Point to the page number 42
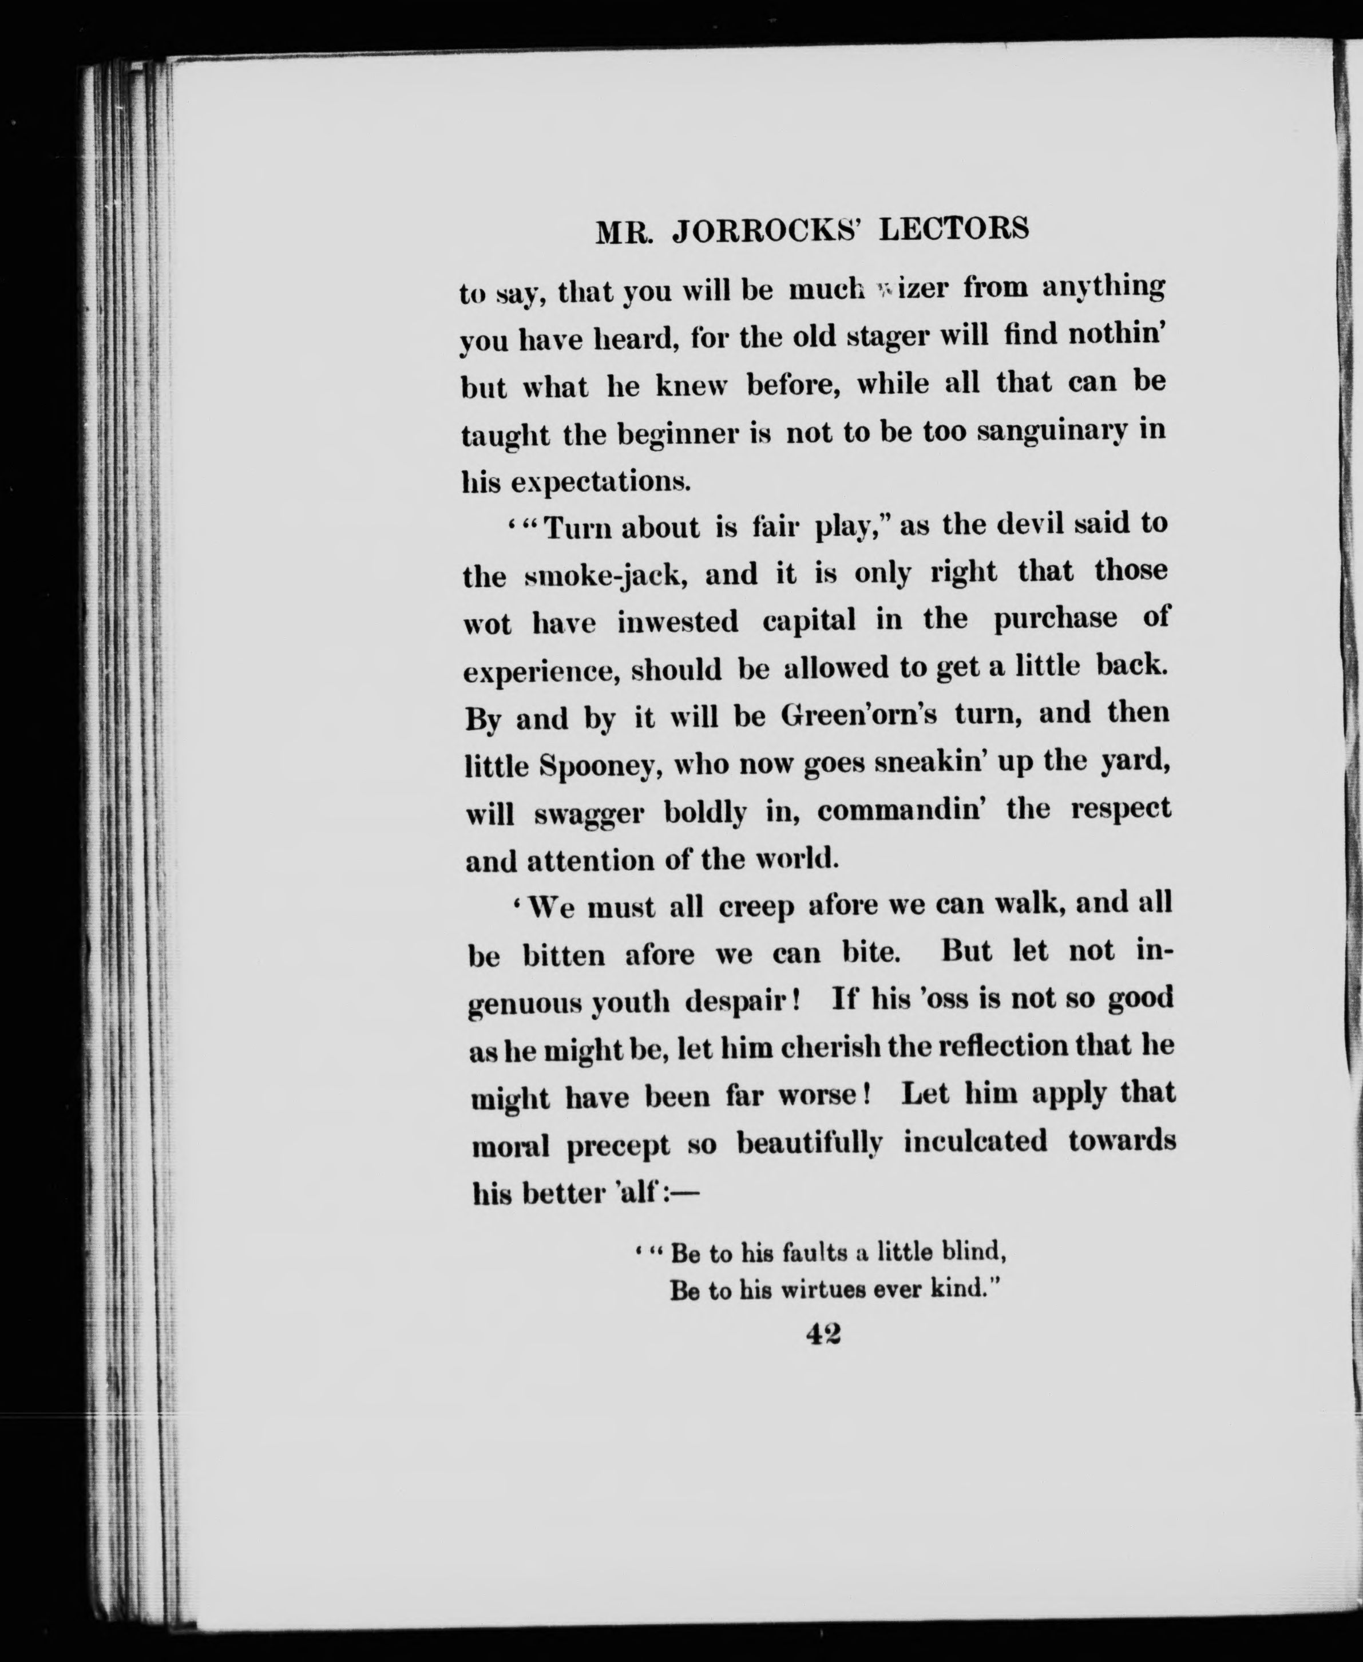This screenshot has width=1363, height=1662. click(x=823, y=1335)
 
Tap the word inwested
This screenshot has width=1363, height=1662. click(x=677, y=623)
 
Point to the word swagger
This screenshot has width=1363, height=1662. click(x=589, y=815)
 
